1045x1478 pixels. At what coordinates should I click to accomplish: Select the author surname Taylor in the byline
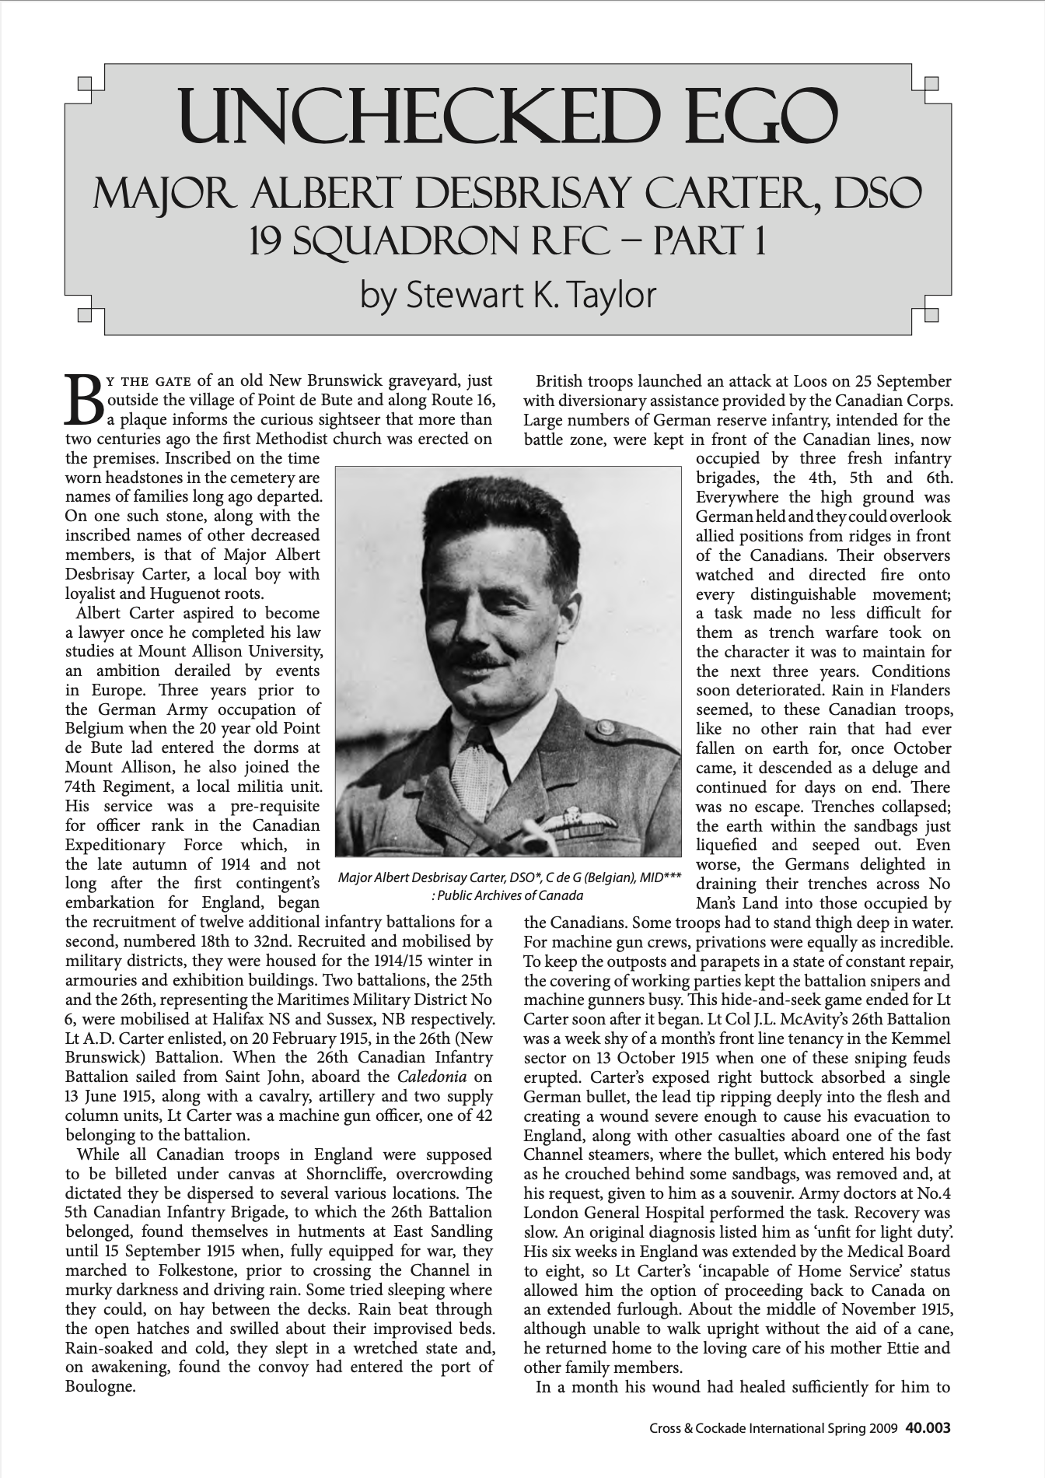[x=608, y=295]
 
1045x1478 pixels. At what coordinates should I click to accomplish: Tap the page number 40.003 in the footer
[x=928, y=1428]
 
